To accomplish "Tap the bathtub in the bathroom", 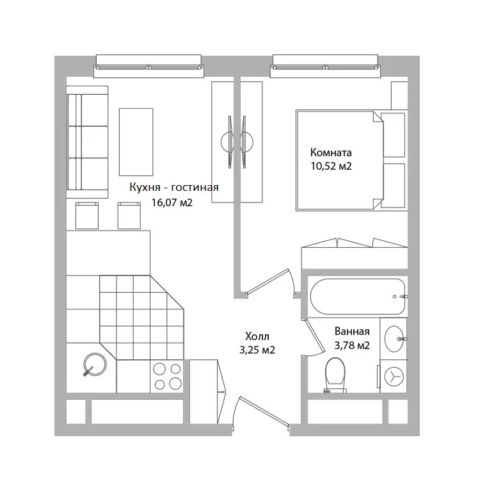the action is pos(358,297).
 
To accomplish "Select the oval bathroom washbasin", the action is pos(394,339).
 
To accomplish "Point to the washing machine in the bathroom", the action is pos(394,376).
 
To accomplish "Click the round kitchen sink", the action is pos(95,364).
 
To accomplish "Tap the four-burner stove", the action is pos(168,376).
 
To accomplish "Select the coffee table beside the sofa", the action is pos(136,142).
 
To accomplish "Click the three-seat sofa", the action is pos(88,142).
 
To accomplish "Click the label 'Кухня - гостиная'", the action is pos(174,188).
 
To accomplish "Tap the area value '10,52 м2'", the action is pos(331,166).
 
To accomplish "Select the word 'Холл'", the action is pos(257,336).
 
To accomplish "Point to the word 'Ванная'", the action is pos(352,331).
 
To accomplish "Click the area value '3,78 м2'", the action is pos(352,345).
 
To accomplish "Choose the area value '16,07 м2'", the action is pos(172,203).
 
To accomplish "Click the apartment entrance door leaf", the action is pos(264,411).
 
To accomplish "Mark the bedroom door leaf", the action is pos(267,281).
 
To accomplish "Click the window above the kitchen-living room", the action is pos(148,66).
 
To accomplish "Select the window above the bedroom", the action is pos(325,66).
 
